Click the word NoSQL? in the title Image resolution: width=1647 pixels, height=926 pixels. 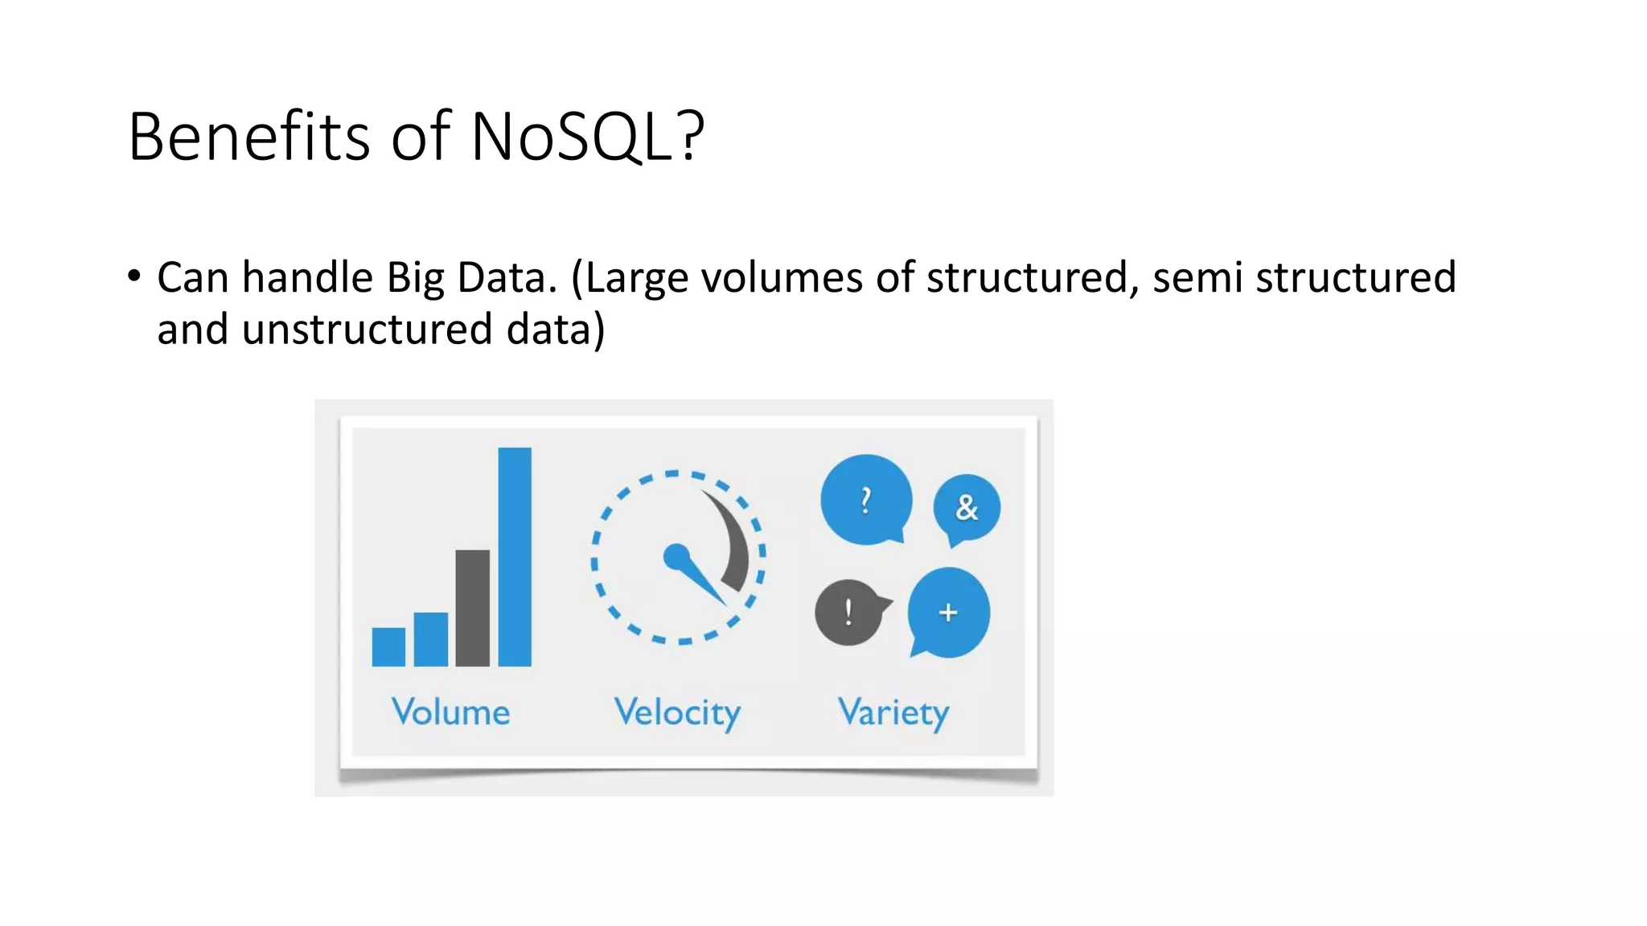point(587,137)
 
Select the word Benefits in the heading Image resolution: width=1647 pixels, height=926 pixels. point(248,137)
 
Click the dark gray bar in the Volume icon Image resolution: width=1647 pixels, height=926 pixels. point(472,608)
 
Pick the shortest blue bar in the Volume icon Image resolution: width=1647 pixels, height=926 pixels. point(388,646)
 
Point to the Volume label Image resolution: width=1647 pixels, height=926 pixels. point(450,712)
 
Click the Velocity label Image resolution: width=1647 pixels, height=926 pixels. point(677,713)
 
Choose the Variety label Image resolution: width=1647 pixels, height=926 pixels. point(893,713)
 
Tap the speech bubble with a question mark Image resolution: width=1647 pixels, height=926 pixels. point(865,499)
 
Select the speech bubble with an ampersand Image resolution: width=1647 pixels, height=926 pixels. point(967,507)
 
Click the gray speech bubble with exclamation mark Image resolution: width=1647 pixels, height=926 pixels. point(848,613)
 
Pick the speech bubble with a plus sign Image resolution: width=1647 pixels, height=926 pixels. point(948,613)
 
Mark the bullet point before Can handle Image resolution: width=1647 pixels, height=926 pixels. point(134,277)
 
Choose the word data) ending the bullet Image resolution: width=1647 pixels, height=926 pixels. point(556,330)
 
